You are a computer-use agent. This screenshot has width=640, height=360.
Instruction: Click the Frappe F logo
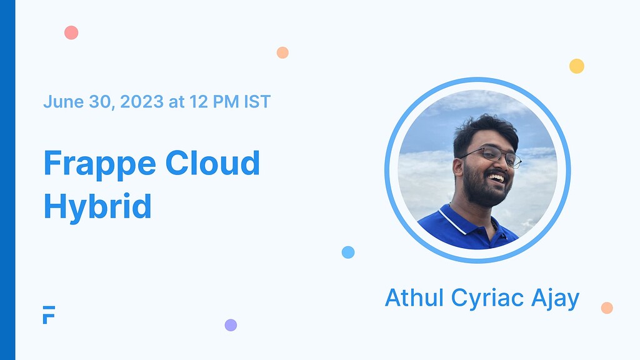click(x=49, y=315)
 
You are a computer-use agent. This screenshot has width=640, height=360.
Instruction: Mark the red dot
click(x=71, y=32)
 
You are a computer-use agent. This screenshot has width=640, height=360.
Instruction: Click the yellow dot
click(x=576, y=66)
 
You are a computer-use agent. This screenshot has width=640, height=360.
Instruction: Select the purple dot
click(x=231, y=325)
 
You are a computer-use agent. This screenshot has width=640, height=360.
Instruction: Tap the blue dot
click(x=348, y=252)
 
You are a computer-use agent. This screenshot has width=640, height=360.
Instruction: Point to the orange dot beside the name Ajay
click(x=606, y=307)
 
